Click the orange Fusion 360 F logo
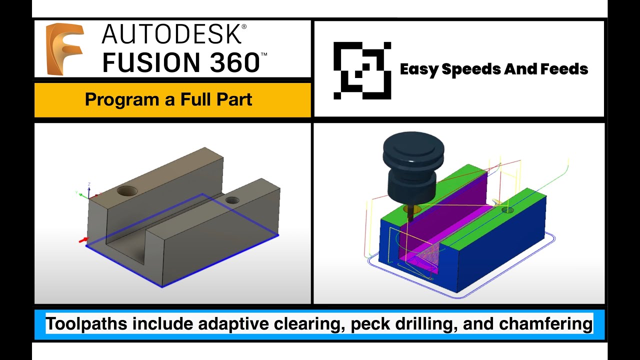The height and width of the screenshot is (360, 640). coord(64,49)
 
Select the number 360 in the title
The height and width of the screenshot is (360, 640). coord(227,62)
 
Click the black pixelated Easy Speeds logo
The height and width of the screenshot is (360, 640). coord(362,70)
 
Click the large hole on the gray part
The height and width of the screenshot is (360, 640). coord(128,190)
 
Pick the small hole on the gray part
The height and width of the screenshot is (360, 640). coord(232,200)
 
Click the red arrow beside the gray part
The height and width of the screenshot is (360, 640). coord(83,240)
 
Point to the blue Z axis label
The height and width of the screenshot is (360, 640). coord(88,184)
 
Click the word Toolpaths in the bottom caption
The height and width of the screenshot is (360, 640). coord(88,324)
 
